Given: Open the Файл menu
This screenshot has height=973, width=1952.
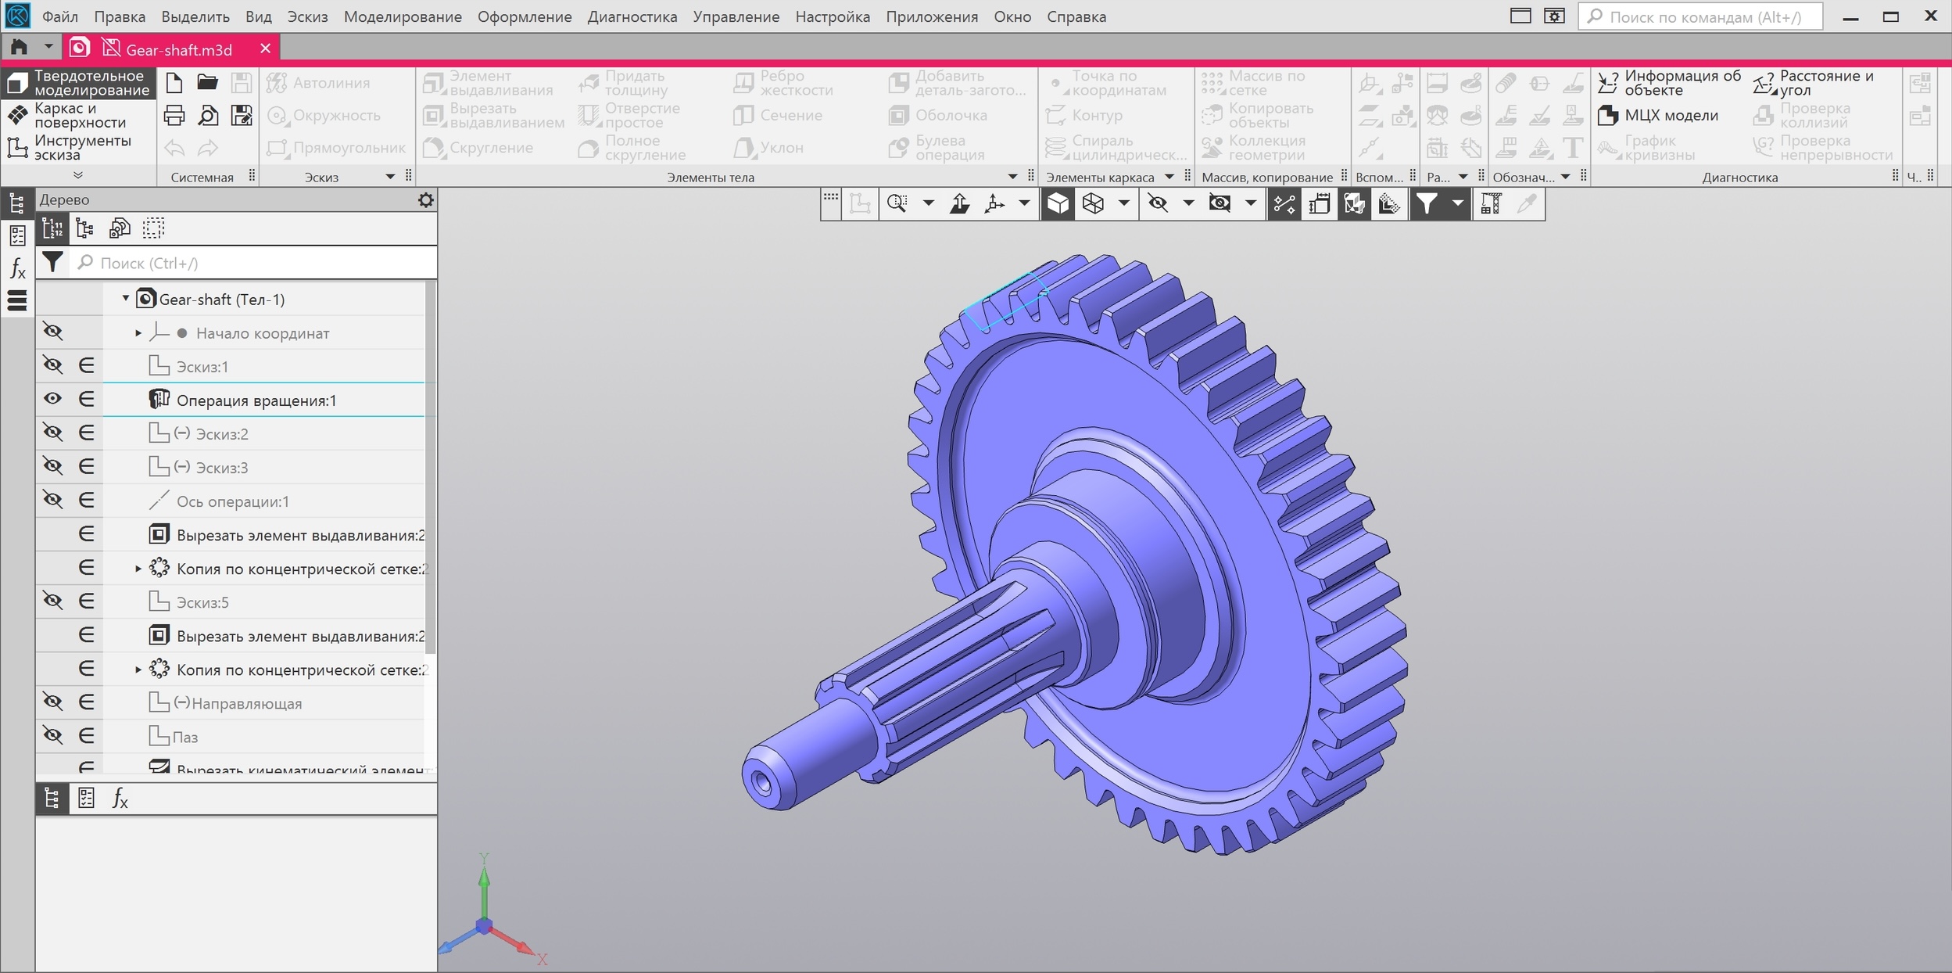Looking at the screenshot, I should tap(59, 16).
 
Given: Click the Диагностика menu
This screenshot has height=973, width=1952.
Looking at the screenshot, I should tap(632, 16).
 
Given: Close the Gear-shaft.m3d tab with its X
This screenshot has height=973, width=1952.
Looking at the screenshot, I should tap(265, 48).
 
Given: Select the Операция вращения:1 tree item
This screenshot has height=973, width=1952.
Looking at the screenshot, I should tap(256, 400).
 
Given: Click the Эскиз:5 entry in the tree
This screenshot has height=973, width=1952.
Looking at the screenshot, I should tap(202, 602).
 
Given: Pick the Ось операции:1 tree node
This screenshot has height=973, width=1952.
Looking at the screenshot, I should tap(232, 501).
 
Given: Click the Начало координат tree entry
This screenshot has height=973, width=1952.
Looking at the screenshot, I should tap(262, 333).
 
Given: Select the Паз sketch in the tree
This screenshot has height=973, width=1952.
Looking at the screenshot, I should tap(185, 737).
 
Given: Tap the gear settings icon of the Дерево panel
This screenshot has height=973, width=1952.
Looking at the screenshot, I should tap(425, 200).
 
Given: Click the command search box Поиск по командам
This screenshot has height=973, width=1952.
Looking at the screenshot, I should tap(1704, 16).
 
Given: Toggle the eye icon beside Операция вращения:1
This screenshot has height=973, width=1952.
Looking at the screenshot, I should tap(52, 399).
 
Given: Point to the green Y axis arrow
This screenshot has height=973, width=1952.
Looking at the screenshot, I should tap(484, 876).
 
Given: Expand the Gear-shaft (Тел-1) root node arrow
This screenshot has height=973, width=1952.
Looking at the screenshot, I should tap(125, 299).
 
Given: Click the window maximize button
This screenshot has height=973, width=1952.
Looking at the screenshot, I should tap(1890, 16).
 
